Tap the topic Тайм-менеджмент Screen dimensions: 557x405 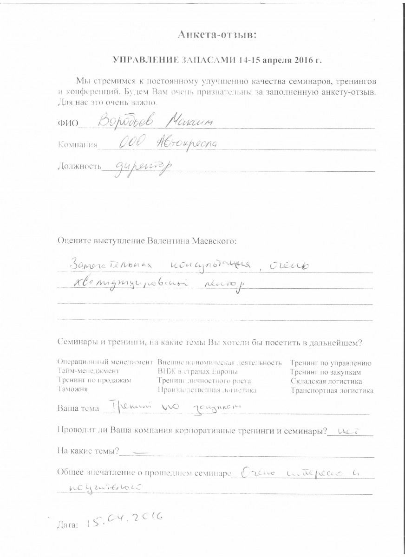(88, 371)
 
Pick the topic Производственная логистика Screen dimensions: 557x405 (207, 390)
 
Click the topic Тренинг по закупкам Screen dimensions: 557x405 (326, 372)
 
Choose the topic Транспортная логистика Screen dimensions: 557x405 (332, 390)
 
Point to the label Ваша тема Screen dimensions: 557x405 (78, 409)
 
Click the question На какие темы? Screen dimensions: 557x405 (89, 451)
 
